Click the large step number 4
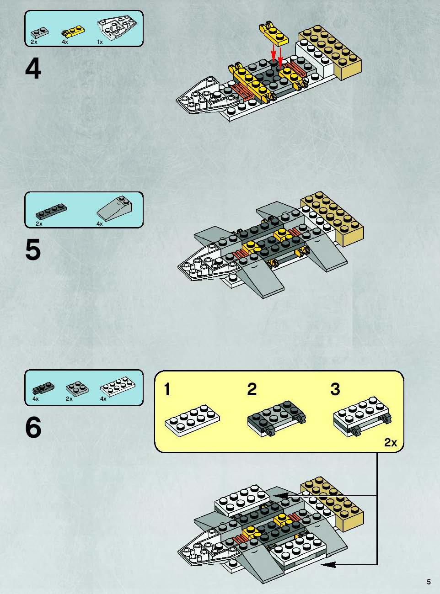pyautogui.click(x=33, y=69)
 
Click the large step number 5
pyautogui.click(x=33, y=249)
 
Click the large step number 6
pyautogui.click(x=33, y=427)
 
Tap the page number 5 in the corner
pyautogui.click(x=429, y=582)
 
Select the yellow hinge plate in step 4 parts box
pyautogui.click(x=73, y=31)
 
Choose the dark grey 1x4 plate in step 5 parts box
pyautogui.click(x=51, y=211)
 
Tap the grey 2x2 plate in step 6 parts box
pyautogui.click(x=77, y=388)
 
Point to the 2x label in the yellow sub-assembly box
pyautogui.click(x=391, y=443)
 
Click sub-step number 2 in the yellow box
pyautogui.click(x=252, y=389)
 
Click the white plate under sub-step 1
pyautogui.click(x=192, y=420)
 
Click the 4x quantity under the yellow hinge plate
pyautogui.click(x=65, y=42)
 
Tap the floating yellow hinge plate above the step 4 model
pyautogui.click(x=274, y=33)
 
